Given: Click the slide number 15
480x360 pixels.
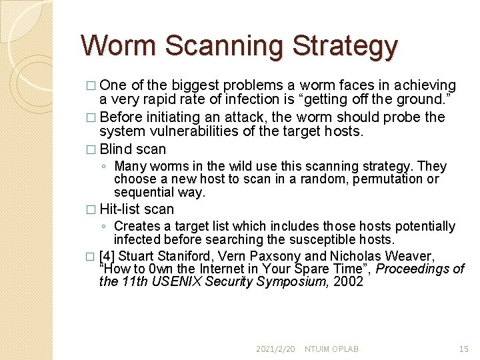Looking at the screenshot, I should point(464,349).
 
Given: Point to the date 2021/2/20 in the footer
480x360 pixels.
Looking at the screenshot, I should point(275,349).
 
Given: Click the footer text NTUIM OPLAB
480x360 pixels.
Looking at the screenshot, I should point(331,349).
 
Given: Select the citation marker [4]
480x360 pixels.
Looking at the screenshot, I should point(107,256).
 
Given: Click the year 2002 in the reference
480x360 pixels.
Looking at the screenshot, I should point(348,281).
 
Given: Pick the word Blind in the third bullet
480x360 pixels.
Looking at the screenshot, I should point(115,149).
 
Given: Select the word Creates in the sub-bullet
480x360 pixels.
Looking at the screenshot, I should point(137,226).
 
